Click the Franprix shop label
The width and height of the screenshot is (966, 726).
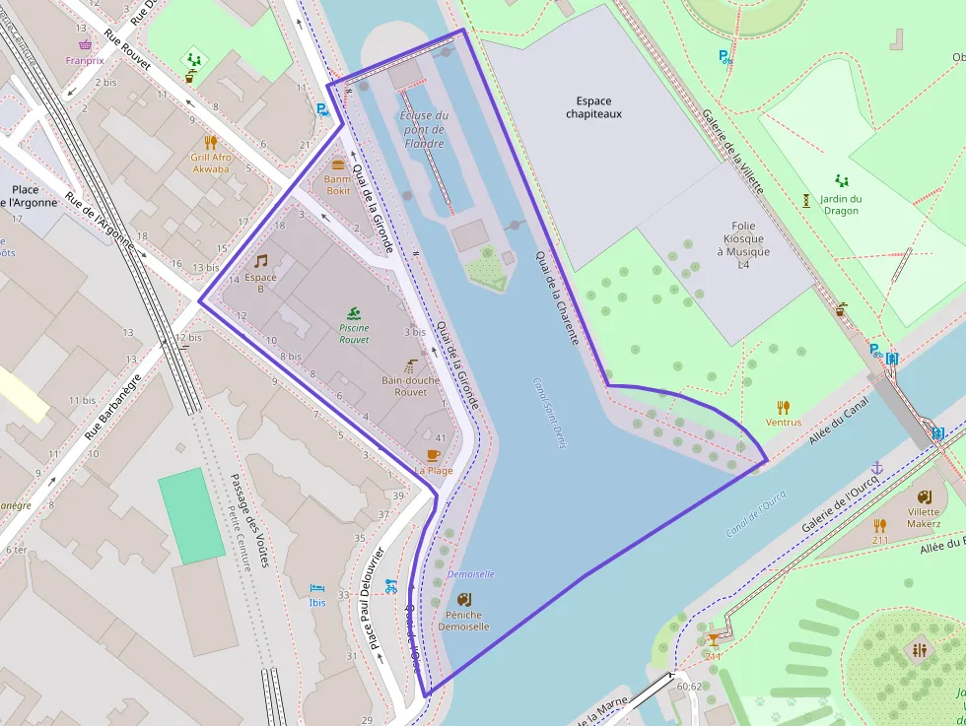[85, 60]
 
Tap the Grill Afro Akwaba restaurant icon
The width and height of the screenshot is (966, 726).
[210, 142]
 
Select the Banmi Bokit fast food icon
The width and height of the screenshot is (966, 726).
[338, 165]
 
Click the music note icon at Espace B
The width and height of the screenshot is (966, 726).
[260, 261]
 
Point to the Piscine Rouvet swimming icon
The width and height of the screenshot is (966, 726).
[354, 313]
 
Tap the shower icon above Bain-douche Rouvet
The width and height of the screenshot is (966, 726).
[411, 364]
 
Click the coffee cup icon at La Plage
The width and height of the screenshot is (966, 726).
[433, 454]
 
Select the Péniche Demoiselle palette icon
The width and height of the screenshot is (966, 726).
[463, 598]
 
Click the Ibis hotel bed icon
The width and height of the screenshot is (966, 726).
[316, 588]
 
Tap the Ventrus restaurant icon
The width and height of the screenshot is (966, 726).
[784, 407]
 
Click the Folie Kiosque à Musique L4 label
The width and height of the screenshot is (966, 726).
[744, 245]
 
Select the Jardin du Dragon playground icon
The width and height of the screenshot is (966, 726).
[841, 181]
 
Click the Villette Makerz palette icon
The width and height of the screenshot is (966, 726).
[924, 496]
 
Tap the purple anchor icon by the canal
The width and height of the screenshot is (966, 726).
[876, 467]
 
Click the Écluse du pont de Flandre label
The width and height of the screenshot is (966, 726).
[424, 130]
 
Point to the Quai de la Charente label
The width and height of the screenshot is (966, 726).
[557, 297]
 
